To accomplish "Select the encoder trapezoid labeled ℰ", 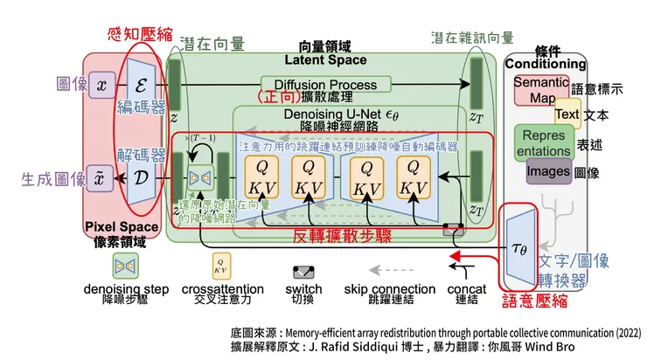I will [x=142, y=84].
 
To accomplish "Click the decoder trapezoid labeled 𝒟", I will [x=142, y=178].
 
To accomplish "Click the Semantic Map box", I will [x=540, y=89].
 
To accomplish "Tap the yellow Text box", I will [x=567, y=114].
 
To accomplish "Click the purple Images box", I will [x=548, y=172].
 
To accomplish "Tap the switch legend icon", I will [x=304, y=272].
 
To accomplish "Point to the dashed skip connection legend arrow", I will [x=389, y=270].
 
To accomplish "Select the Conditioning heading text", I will [x=546, y=64].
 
